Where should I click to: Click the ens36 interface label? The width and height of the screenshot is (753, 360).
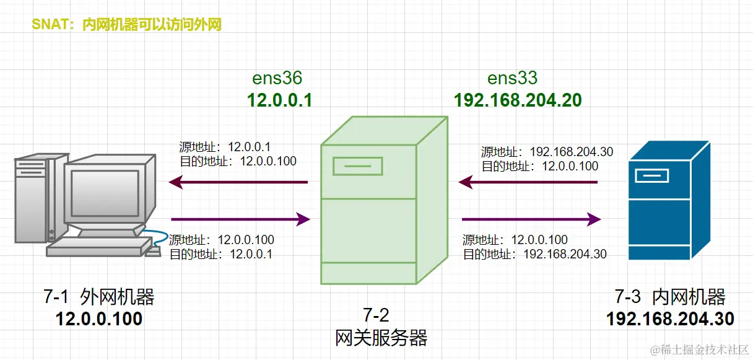coord(277,78)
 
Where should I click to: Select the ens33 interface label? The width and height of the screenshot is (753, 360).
coord(512,78)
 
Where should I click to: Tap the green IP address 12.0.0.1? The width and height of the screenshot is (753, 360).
coord(279,100)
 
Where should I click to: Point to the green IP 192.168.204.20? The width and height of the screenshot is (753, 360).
coord(518,100)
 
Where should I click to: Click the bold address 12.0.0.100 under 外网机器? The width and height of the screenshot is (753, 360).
coord(99,319)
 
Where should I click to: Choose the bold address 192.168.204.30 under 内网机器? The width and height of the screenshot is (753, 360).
coord(670,319)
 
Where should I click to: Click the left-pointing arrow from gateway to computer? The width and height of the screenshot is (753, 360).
coord(238,182)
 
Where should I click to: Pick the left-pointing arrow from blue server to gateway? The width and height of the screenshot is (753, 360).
coord(528,182)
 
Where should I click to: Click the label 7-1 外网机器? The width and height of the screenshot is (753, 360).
coord(99,297)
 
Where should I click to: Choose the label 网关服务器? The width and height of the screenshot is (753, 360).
coord(381,338)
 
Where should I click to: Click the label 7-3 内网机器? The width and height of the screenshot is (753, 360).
coord(670,297)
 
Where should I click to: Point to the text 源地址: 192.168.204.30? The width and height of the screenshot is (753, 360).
coord(547,152)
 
